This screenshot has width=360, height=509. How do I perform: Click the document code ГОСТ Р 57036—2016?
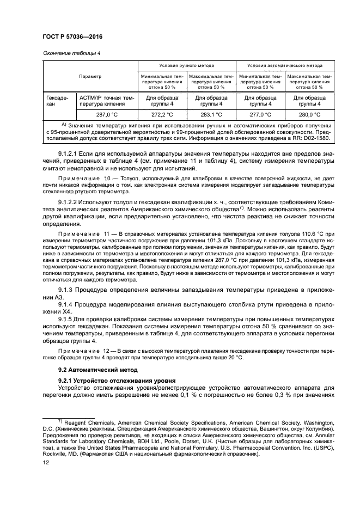(72, 36)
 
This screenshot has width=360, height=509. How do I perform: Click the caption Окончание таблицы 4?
(71, 53)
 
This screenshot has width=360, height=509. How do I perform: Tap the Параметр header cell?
(90, 76)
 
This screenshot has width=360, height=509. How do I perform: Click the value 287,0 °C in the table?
(106, 115)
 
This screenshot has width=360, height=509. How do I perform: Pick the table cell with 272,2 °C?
(162, 115)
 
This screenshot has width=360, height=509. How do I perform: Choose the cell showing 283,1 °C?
(211, 115)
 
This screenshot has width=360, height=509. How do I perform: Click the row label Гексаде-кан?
(56, 101)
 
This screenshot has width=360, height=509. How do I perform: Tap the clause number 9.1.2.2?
(69, 204)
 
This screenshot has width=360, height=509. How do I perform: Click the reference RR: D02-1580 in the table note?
(308, 139)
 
